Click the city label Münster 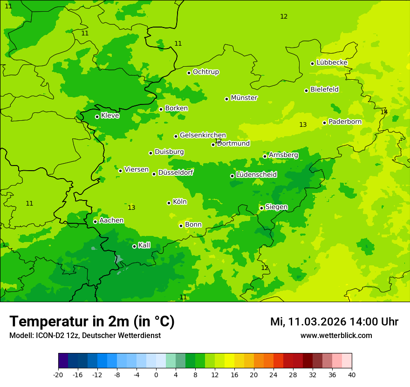tap(244, 98)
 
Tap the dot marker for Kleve tap(97, 117)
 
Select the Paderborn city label tap(345, 122)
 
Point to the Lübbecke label tap(332, 62)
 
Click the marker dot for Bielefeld tap(306, 90)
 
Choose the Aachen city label tap(111, 220)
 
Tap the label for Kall tap(144, 245)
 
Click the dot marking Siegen tap(261, 208)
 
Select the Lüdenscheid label tap(256, 175)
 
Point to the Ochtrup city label tap(205, 72)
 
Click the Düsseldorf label tap(175, 173)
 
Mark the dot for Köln tap(169, 203)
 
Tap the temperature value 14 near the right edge tap(383, 112)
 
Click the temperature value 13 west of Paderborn tap(303, 124)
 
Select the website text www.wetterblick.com tap(336, 336)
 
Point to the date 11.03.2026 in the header tap(317, 322)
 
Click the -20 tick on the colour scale tap(58, 374)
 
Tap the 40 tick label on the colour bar tap(352, 374)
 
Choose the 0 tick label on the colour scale tap(156, 374)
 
